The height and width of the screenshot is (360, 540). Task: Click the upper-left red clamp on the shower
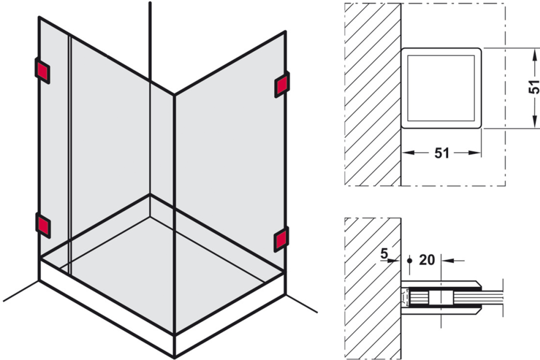(x=42, y=71)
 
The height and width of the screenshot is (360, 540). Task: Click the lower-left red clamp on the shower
(x=43, y=226)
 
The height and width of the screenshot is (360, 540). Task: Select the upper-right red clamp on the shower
(x=282, y=84)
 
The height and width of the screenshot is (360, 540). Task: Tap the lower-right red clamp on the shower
(x=281, y=240)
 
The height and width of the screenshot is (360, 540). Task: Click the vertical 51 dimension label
(x=534, y=87)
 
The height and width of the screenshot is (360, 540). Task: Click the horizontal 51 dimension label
(x=442, y=153)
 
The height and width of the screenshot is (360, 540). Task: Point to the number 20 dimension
(x=427, y=260)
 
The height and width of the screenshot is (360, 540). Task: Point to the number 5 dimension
(x=384, y=254)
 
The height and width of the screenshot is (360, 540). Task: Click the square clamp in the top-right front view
(x=441, y=88)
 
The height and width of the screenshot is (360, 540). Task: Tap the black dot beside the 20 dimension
(x=409, y=261)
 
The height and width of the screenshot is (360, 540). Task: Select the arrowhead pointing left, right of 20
(x=447, y=261)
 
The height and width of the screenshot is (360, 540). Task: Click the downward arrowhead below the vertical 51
(x=535, y=122)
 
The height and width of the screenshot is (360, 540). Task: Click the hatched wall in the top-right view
(x=373, y=94)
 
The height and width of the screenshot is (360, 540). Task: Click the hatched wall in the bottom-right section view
(x=373, y=288)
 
